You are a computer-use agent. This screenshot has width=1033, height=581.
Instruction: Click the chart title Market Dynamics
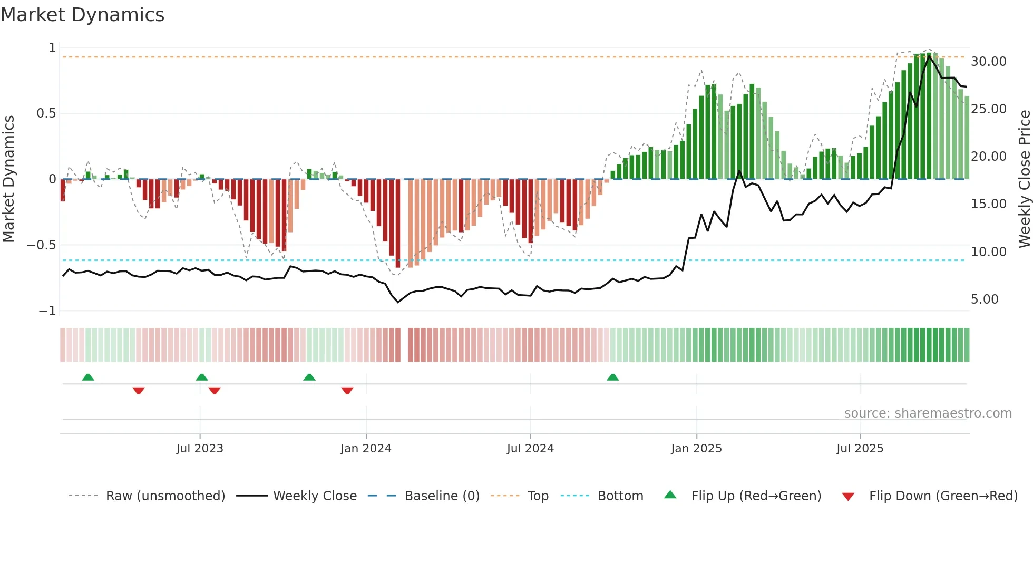click(83, 15)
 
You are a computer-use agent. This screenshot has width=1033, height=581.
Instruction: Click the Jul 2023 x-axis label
click(200, 449)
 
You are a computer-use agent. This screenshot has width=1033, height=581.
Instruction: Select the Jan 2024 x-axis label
click(366, 449)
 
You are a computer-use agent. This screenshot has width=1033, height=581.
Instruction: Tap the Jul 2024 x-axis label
click(530, 449)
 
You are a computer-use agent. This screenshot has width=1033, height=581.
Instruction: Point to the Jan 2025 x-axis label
click(696, 449)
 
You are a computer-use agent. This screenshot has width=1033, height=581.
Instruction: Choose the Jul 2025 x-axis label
click(860, 449)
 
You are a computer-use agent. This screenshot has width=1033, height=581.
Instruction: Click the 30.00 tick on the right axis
click(988, 62)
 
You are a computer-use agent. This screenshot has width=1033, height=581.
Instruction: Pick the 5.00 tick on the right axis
click(985, 299)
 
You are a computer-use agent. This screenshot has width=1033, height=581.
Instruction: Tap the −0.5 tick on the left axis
click(41, 245)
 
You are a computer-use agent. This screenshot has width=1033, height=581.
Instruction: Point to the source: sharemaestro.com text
click(928, 413)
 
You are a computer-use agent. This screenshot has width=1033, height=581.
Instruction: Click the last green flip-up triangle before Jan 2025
click(612, 377)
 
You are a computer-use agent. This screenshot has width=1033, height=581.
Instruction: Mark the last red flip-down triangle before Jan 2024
click(347, 391)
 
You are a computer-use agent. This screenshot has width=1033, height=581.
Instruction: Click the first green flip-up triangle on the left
click(88, 377)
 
